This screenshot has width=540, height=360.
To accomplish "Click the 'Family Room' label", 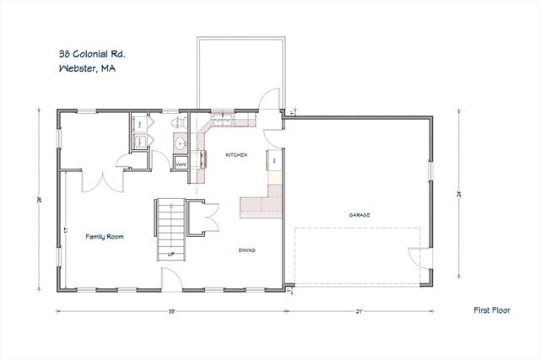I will (105, 238).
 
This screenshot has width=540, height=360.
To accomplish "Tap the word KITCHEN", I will (235, 156).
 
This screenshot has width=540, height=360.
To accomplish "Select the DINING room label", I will (247, 250).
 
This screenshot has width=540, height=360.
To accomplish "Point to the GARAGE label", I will (360, 215).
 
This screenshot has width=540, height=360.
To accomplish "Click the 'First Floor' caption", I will (489, 310).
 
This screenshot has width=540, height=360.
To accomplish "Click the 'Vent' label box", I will (180, 163).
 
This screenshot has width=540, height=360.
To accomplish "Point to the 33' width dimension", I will (171, 311).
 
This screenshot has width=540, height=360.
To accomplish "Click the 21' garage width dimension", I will (359, 311).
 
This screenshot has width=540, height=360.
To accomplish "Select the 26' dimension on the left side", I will (40, 200).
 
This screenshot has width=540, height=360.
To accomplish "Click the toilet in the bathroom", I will (178, 123).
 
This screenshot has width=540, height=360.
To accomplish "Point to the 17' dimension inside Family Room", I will (65, 228).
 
